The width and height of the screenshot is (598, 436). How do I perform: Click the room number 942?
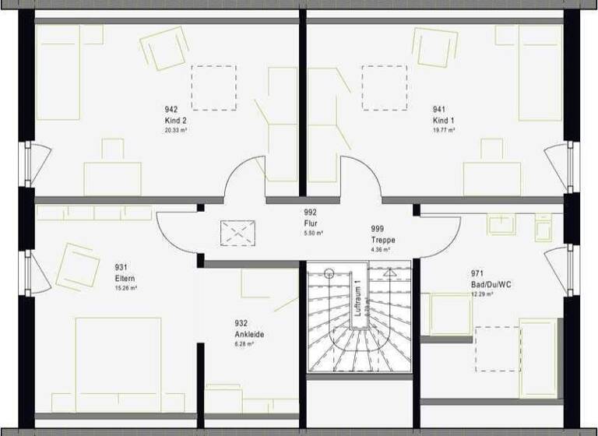[171, 110]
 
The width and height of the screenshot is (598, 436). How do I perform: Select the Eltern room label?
[125, 278]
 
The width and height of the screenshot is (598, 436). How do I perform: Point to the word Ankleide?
[249, 335]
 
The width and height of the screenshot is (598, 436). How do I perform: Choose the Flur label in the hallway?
[311, 223]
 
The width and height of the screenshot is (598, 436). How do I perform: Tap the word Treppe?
[382, 241]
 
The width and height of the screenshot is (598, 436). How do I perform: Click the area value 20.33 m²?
[175, 131]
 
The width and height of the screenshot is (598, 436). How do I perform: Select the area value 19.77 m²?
[445, 131]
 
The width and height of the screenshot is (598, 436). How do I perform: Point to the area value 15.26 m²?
[126, 288]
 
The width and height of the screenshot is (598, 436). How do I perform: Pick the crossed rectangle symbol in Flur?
[240, 231]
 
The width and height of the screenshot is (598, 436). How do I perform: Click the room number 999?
[378, 229]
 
